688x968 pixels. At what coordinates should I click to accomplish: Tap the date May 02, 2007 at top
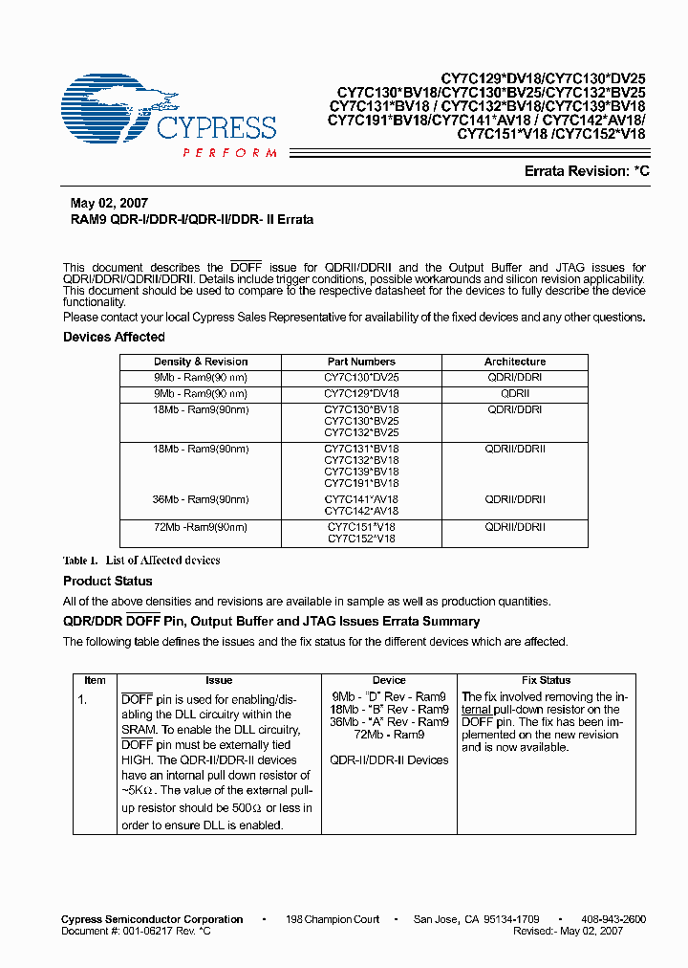pyautogui.click(x=109, y=204)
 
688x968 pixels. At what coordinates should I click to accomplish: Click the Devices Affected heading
pyautogui.click(x=114, y=337)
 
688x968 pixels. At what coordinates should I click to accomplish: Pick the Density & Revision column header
pyautogui.click(x=201, y=362)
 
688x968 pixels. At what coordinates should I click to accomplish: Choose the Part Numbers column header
pyautogui.click(x=360, y=362)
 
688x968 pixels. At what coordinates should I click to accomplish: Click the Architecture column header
pyautogui.click(x=514, y=362)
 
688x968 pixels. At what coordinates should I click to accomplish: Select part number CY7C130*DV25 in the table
pyautogui.click(x=360, y=378)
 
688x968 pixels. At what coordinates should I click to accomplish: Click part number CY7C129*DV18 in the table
pyautogui.click(x=360, y=393)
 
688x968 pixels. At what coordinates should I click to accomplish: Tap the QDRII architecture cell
pyautogui.click(x=514, y=393)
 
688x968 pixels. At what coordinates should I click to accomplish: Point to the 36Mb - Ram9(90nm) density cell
pyautogui.click(x=201, y=499)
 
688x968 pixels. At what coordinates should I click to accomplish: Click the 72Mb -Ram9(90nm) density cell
pyautogui.click(x=201, y=527)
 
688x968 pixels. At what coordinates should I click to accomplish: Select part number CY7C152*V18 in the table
pyautogui.click(x=360, y=539)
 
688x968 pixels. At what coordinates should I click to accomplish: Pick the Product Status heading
pyautogui.click(x=108, y=581)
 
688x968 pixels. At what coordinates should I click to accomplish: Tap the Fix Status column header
pyautogui.click(x=546, y=680)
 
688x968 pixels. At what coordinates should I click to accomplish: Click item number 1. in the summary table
pyautogui.click(x=83, y=699)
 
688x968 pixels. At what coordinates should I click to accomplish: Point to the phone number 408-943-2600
pyautogui.click(x=613, y=919)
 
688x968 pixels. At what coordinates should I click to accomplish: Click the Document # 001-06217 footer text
pyautogui.click(x=136, y=931)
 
